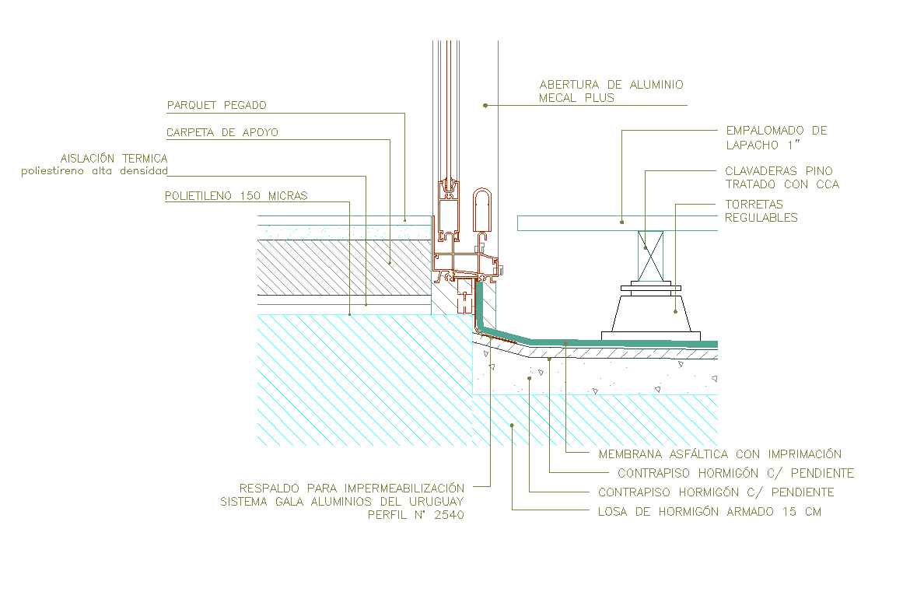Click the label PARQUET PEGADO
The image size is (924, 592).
(216, 105)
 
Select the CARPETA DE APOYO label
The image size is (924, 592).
(222, 133)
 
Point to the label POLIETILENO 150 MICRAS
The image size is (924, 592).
(236, 196)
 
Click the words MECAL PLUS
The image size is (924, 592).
(576, 98)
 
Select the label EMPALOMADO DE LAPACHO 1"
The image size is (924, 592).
(775, 138)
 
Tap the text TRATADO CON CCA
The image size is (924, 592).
(782, 184)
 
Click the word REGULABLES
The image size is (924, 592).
(761, 218)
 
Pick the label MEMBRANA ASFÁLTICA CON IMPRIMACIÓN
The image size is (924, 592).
(719, 454)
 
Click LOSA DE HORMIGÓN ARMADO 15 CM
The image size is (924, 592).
(709, 512)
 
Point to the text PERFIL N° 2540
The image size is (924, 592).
(415, 515)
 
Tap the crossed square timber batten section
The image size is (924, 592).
(651, 256)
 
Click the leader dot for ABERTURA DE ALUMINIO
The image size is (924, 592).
(485, 105)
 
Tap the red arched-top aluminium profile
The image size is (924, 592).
(481, 208)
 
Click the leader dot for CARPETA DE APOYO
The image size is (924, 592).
(390, 263)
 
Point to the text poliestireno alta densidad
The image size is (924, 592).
(94, 171)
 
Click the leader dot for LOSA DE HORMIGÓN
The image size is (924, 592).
(512, 424)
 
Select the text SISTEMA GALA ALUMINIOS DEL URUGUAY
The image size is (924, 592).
(342, 502)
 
